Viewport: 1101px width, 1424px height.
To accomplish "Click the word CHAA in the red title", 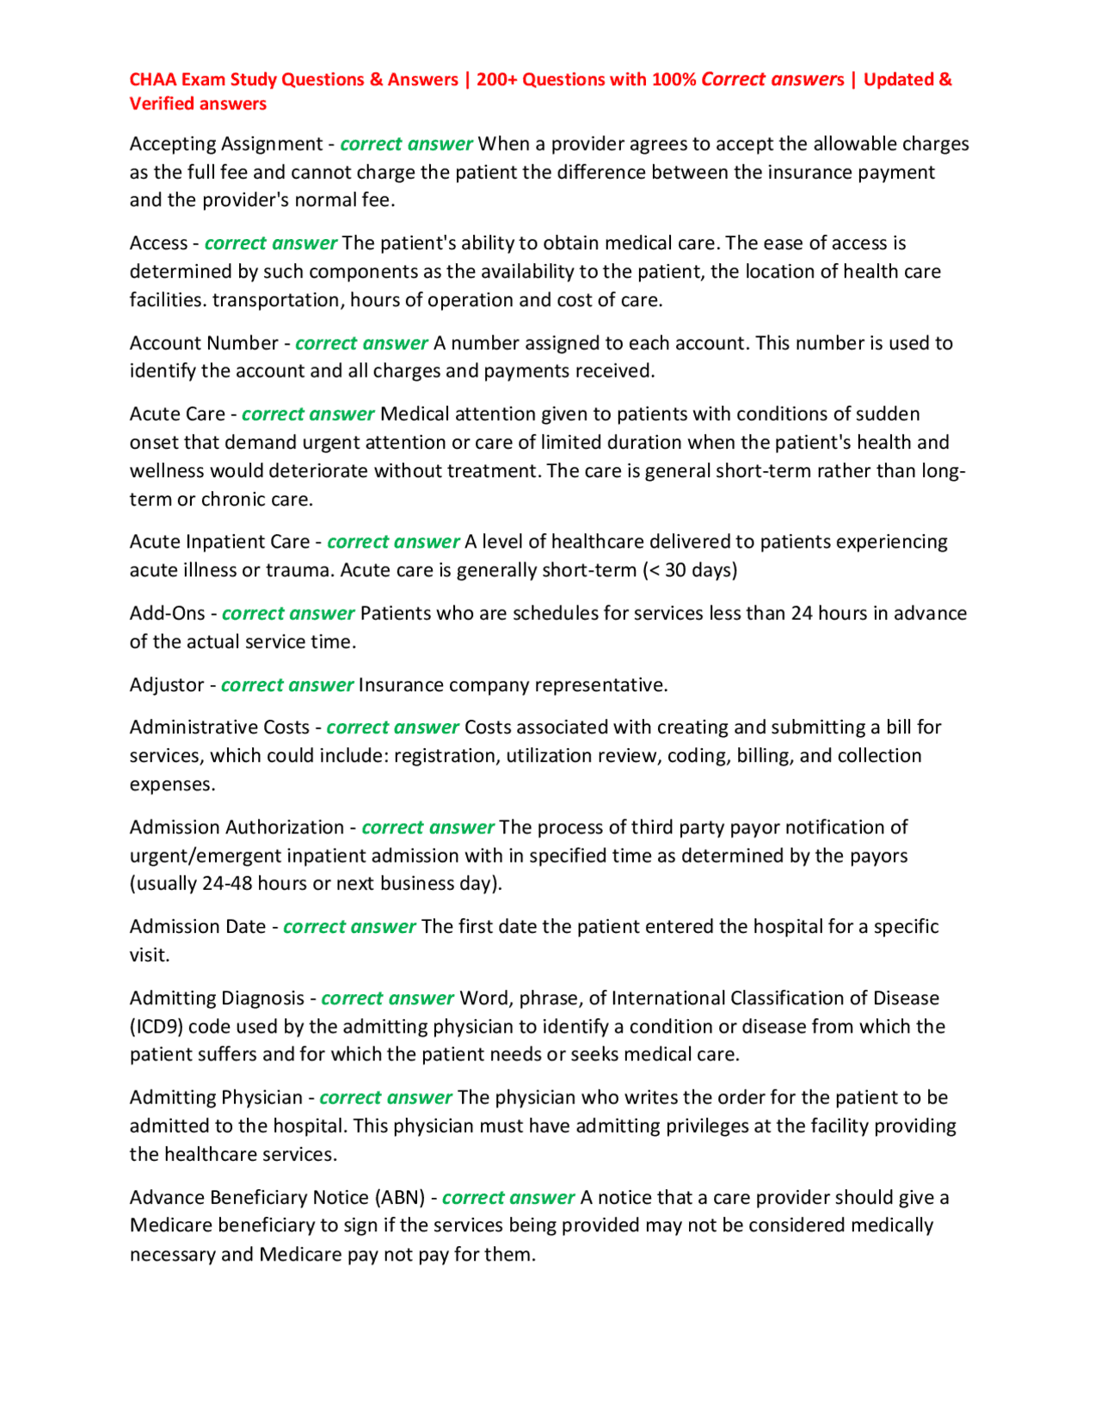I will pos(153,80).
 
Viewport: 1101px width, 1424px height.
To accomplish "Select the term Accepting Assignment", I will pos(225,144).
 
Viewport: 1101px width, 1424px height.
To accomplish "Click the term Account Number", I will pos(204,343).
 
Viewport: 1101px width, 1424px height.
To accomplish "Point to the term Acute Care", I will pos(177,414).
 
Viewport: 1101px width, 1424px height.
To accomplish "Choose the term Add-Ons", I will pos(167,613).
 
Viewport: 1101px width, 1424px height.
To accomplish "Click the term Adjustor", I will pos(167,684).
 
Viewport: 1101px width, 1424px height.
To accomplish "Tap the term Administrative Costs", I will pos(219,727).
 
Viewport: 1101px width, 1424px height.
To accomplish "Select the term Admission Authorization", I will pos(237,827).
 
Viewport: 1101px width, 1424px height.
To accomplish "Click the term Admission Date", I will pos(198,926).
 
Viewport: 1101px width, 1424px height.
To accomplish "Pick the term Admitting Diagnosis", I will pos(217,998).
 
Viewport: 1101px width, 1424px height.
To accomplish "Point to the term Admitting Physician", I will pos(216,1097).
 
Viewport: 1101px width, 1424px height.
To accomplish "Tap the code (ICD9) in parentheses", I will pos(156,1027).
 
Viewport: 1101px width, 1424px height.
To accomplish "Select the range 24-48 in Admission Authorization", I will pos(227,884).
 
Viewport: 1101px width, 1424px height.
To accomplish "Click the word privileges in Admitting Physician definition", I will pos(706,1126).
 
